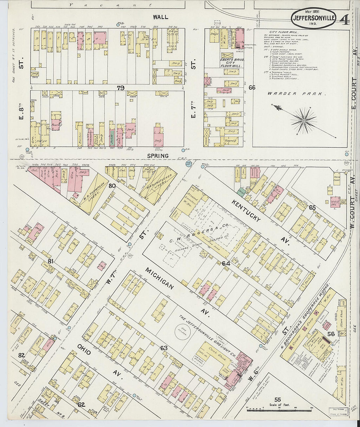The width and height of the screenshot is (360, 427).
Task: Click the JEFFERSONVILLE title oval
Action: (x=313, y=18)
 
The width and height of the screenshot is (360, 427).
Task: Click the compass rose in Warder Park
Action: (x=304, y=121)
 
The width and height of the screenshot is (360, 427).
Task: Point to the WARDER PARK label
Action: (x=297, y=94)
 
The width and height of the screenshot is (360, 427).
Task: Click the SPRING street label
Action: (x=158, y=156)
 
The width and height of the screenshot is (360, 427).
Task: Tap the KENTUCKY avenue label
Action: (x=246, y=211)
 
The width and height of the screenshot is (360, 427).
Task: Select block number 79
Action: (x=121, y=88)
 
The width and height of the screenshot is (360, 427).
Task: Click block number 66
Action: (x=252, y=88)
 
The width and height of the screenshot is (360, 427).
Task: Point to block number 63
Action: (x=164, y=348)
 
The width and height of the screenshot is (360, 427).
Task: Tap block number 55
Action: (x=278, y=400)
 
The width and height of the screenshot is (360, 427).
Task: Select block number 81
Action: (x=50, y=261)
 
